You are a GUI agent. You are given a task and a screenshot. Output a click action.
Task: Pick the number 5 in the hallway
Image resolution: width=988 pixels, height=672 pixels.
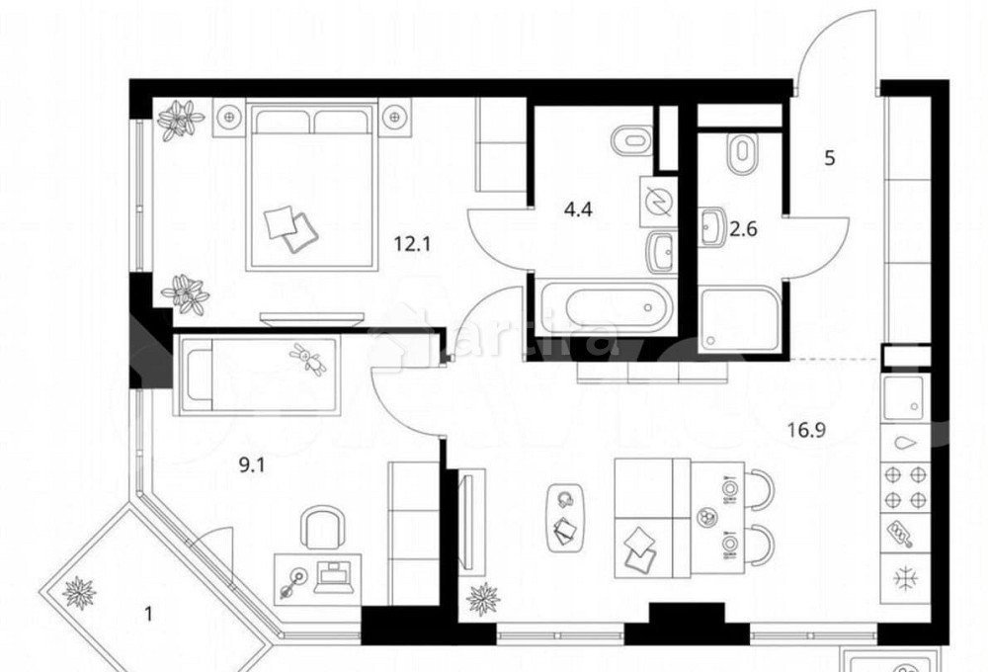[x=830, y=158]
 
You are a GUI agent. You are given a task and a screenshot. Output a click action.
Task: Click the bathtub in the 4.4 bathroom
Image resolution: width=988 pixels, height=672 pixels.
[x=605, y=306]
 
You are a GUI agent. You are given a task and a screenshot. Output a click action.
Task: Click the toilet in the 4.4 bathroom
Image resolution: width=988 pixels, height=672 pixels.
[x=628, y=142]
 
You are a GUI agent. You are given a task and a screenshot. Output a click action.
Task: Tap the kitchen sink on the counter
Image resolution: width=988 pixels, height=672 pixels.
[x=903, y=398]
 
